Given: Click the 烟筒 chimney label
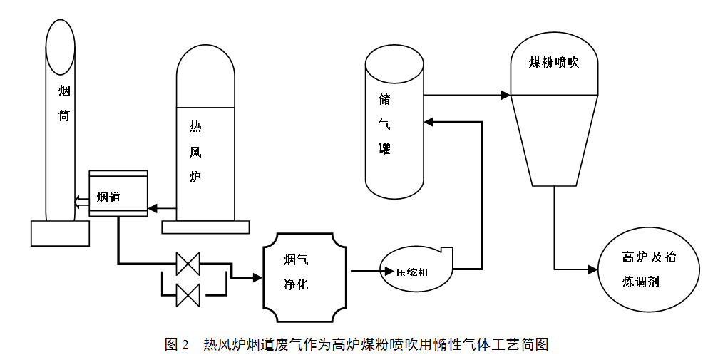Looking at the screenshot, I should [x=64, y=103].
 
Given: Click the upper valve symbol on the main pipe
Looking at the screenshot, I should [x=188, y=263].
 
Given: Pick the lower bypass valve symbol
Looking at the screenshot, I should [x=188, y=294].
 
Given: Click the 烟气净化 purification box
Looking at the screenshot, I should [x=305, y=272].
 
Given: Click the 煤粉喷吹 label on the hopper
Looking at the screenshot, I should [x=553, y=63].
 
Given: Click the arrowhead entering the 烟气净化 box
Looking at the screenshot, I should [x=257, y=277].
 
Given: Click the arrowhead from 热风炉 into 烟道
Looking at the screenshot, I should [x=153, y=209].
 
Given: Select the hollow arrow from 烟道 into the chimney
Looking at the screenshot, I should [x=80, y=200].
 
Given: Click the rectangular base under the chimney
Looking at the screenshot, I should [x=61, y=233].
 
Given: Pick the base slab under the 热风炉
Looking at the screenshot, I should [x=206, y=227].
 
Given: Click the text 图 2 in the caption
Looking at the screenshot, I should [x=176, y=345].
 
